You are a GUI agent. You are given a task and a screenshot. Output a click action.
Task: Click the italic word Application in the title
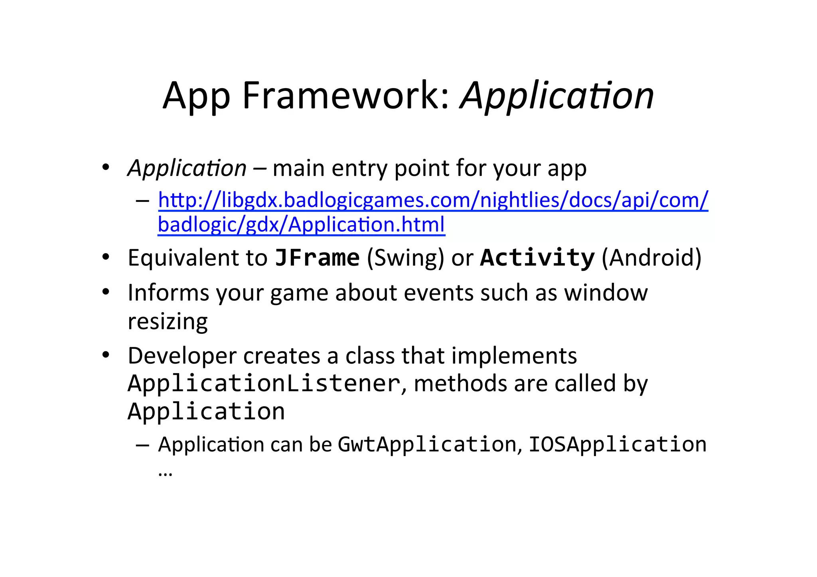coord(557,96)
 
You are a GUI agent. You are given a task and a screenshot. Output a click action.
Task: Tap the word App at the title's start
coord(196,96)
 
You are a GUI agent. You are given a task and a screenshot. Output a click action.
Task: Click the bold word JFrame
coord(317,258)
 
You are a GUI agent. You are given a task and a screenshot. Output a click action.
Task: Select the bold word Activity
coord(537,258)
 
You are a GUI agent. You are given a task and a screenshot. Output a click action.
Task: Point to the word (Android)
coord(651,258)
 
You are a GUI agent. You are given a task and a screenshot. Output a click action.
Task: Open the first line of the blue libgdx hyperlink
coord(433,200)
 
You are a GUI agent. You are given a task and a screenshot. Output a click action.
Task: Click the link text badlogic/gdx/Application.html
coord(301,224)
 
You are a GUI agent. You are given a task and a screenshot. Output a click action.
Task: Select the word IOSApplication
coord(617,444)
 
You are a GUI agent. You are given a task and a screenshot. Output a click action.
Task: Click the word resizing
coord(168,321)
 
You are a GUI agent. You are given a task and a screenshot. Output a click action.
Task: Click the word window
coord(606,293)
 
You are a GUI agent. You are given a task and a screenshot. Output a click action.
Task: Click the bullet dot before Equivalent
coord(105,257)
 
